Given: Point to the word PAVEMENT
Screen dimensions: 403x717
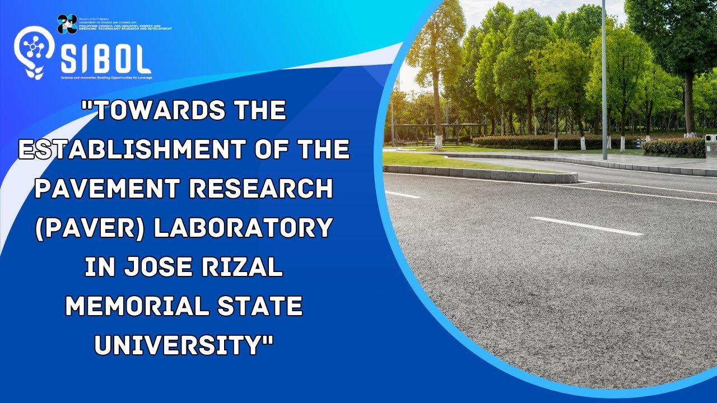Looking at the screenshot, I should click(x=106, y=189).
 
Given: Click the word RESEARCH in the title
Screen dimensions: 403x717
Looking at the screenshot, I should click(x=261, y=189).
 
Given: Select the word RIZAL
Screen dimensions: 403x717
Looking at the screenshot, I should click(x=248, y=268).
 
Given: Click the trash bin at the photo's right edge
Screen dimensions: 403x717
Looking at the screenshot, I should click(x=710, y=144).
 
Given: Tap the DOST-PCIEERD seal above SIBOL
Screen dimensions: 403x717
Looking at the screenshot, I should click(x=67, y=24).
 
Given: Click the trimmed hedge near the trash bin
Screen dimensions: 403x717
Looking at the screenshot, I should click(x=673, y=147).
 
